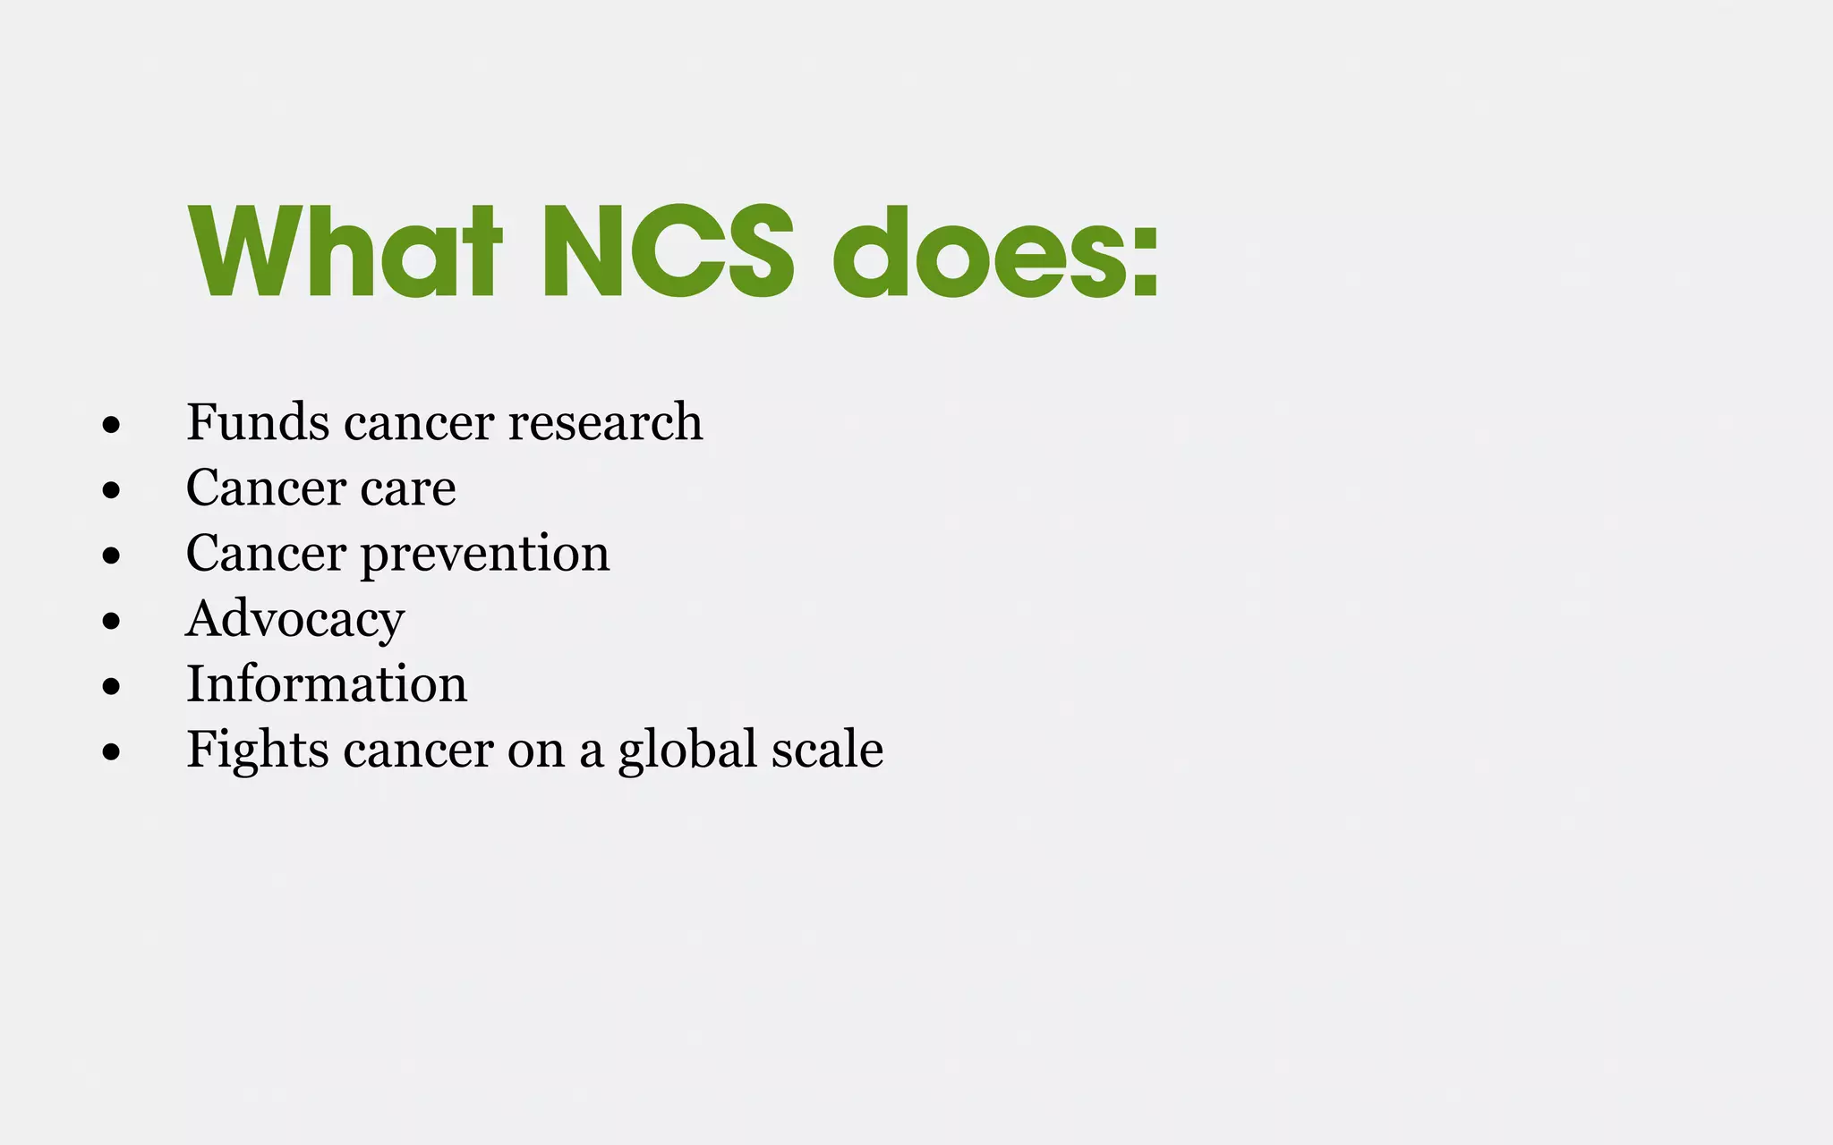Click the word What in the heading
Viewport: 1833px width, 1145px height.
(x=345, y=252)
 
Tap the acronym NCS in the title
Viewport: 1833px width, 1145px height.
(x=668, y=252)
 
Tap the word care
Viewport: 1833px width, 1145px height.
(x=408, y=488)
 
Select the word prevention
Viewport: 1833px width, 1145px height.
(x=485, y=554)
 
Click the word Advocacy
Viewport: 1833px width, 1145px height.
(x=294, y=619)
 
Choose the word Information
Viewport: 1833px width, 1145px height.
(x=327, y=684)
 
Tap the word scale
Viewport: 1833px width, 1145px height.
(x=827, y=749)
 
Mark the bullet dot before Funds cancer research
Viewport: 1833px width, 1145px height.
(x=111, y=425)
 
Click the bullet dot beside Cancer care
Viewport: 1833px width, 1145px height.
(x=111, y=490)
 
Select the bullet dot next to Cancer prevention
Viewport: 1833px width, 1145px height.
(x=111, y=556)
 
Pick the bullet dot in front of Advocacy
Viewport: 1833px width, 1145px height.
(x=111, y=621)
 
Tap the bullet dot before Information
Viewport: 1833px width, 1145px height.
(x=111, y=686)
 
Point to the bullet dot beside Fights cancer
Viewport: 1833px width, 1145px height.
(x=111, y=752)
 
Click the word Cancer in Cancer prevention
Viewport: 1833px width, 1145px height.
(x=266, y=553)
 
